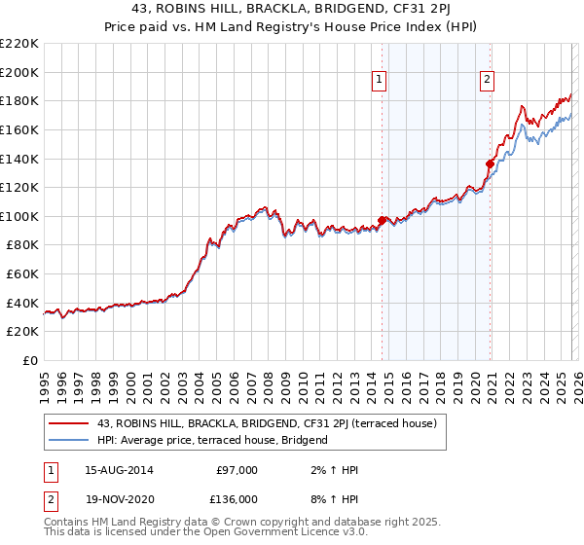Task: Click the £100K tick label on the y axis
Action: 18,216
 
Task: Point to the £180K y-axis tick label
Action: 18,100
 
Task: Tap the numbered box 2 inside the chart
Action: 487,81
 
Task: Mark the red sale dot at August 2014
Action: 382,220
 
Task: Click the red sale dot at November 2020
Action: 490,163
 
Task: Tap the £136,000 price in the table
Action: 237,497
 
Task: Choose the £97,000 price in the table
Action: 237,470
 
